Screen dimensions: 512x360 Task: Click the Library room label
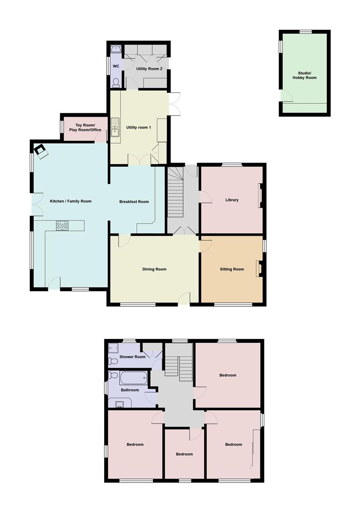tap(232, 200)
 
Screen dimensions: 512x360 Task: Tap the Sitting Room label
tap(232, 269)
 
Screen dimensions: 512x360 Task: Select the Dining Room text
tap(154, 269)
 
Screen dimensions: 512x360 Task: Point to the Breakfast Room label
tap(134, 202)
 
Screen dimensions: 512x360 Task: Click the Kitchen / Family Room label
tap(71, 201)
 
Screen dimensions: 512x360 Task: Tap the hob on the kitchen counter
tap(63, 226)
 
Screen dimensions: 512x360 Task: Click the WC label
tap(116, 66)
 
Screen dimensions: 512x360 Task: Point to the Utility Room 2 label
tap(149, 69)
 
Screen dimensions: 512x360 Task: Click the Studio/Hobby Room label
tap(304, 75)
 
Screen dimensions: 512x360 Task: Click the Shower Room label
tap(132, 357)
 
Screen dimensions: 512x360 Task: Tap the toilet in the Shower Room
tap(113, 362)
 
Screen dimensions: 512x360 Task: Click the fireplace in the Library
tap(260, 195)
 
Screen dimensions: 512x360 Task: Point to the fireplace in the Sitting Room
tap(259, 269)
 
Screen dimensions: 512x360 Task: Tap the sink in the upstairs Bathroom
tap(119, 404)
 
